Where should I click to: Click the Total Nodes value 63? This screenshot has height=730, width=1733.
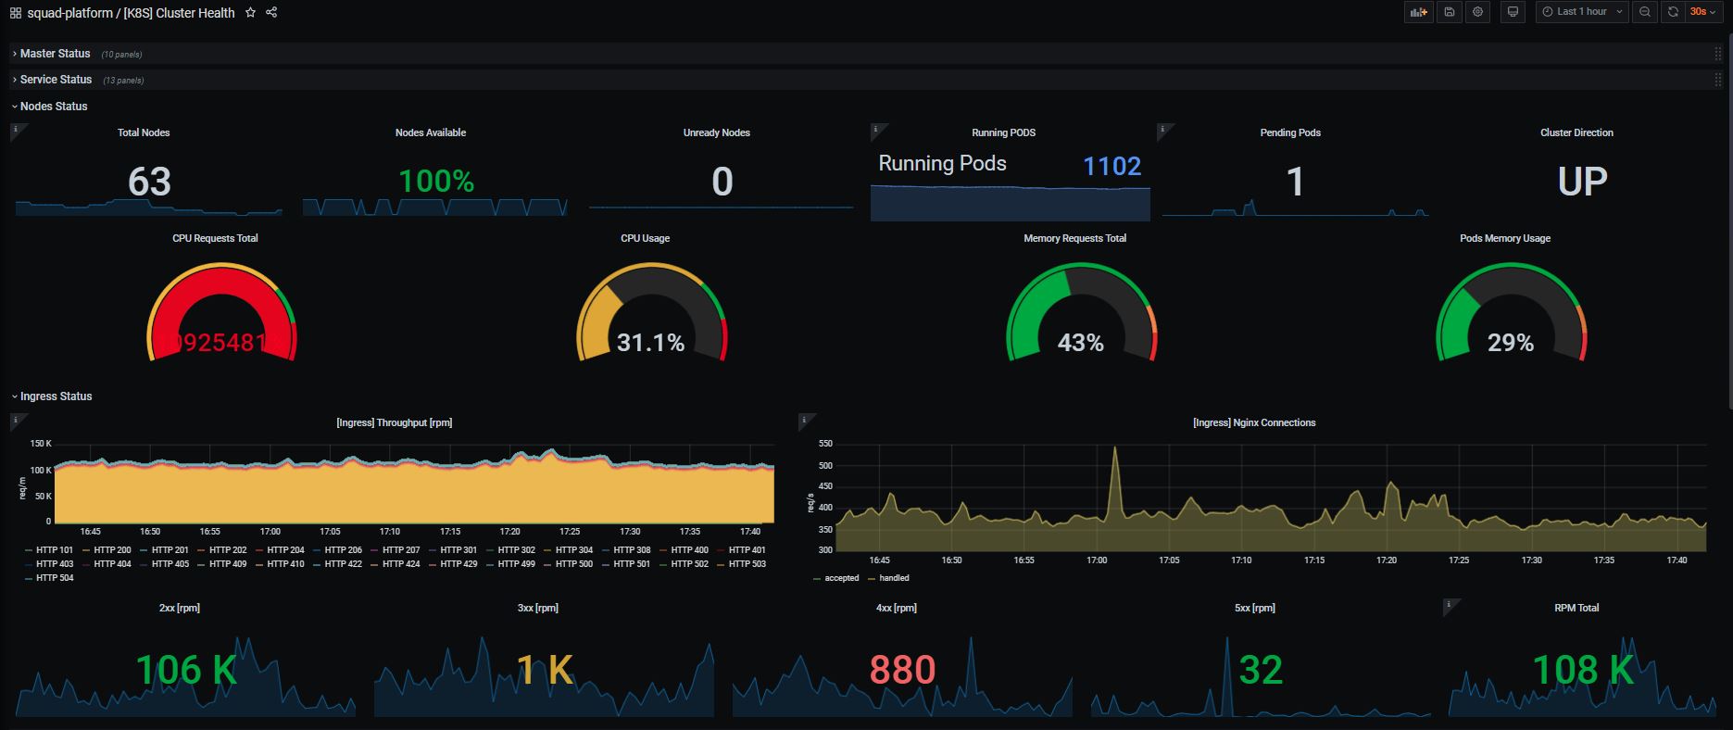point(149,182)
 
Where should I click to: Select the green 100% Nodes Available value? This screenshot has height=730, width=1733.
point(436,181)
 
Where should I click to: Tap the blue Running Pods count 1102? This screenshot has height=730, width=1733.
point(1111,166)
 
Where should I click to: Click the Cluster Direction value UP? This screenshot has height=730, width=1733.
point(1582,182)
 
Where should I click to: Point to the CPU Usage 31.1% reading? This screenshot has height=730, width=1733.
point(650,344)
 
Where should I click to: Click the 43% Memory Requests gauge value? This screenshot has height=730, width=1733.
point(1080,344)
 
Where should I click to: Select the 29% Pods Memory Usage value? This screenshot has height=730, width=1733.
point(1510,344)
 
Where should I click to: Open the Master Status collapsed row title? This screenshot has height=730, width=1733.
point(55,54)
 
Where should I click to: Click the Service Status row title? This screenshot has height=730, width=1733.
point(56,80)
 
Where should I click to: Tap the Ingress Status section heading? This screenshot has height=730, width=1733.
point(56,396)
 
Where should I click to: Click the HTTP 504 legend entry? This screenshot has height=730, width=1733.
point(54,578)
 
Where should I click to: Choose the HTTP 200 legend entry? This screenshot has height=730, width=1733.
point(112,550)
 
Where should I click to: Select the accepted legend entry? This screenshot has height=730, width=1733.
point(841,578)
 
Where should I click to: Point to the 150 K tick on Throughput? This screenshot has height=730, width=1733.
point(41,444)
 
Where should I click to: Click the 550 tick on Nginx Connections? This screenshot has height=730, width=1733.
point(825,444)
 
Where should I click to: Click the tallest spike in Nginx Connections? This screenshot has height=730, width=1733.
point(1115,448)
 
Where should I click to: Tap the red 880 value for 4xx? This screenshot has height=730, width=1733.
point(902,670)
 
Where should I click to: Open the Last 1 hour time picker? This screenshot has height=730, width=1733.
point(1581,12)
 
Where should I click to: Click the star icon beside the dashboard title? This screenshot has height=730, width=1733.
point(250,13)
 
